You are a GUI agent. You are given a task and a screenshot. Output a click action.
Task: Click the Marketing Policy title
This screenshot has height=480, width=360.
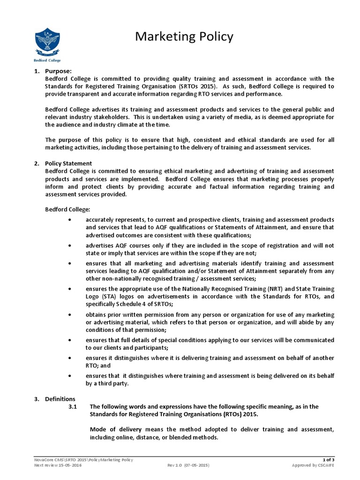click(184, 37)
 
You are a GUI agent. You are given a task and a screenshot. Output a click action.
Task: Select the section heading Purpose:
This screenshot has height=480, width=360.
click(59, 71)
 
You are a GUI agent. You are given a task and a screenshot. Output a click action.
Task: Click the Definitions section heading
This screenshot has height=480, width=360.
click(60, 399)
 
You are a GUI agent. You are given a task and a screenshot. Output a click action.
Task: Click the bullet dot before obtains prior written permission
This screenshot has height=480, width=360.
click(70, 314)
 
